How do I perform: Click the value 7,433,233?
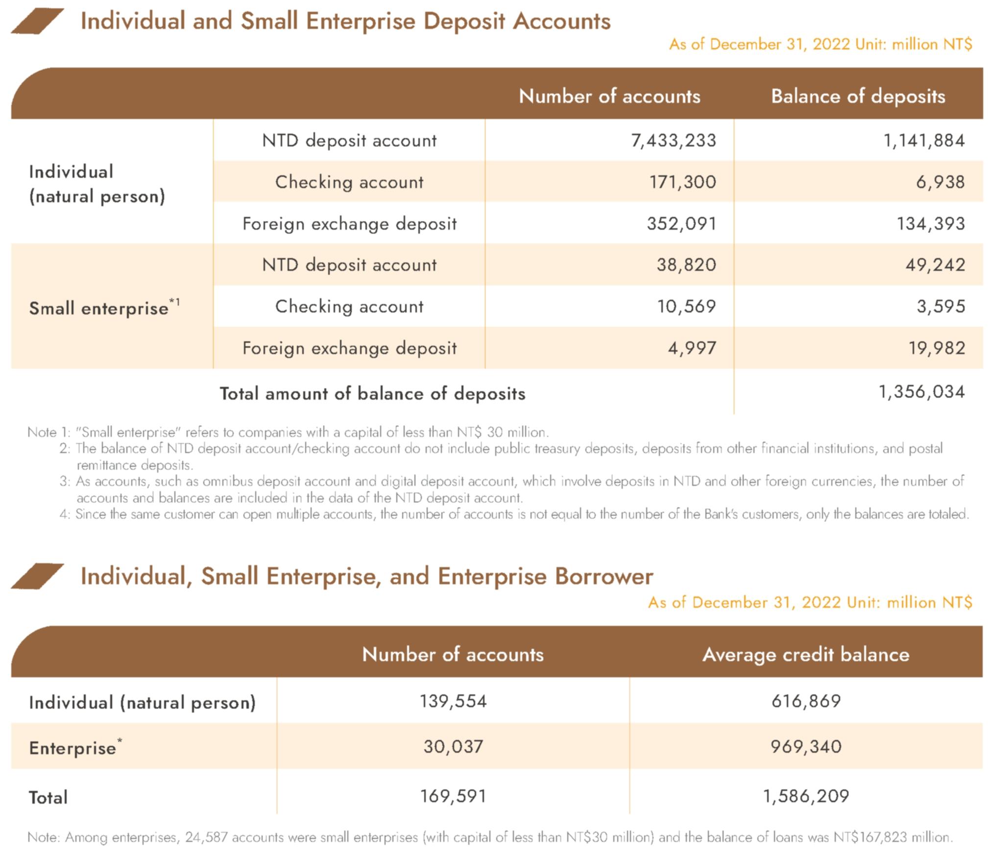tap(673, 141)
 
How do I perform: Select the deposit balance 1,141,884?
tap(923, 141)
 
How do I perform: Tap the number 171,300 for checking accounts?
tap(682, 182)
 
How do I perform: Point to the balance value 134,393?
tap(930, 224)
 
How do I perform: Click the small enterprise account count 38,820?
tap(686, 265)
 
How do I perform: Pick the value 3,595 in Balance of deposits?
tap(941, 307)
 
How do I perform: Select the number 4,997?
tap(692, 348)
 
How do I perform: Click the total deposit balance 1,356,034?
tap(921, 392)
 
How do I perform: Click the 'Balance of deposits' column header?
tap(858, 96)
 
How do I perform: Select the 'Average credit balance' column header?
tap(805, 655)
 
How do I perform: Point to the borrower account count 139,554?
tap(453, 701)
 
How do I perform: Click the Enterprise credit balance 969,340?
tap(806, 747)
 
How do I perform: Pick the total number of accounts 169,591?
tap(453, 796)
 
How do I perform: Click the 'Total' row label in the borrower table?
tap(48, 798)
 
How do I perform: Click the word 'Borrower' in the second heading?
tap(604, 576)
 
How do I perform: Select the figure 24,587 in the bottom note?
tap(206, 837)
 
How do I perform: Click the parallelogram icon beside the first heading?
tap(37, 22)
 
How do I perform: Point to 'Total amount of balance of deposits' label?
tap(372, 394)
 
